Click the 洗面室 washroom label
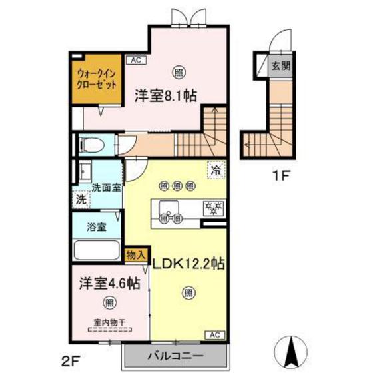(106, 188)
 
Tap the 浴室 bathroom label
(95, 227)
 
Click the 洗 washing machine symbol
(80, 198)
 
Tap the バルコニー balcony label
(175, 354)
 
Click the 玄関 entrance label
(278, 65)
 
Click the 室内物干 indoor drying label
(109, 326)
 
